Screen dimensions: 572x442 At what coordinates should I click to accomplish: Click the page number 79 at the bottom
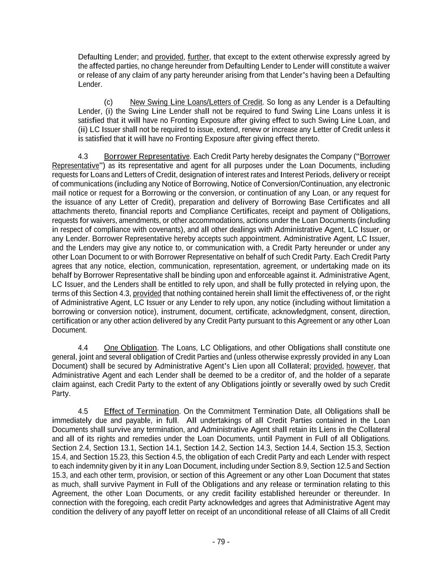click(221, 541)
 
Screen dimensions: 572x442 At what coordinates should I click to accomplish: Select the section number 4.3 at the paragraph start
click(83, 156)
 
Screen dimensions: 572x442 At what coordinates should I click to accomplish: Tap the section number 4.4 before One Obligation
click(83, 347)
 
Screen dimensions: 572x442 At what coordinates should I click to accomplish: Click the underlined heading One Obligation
click(130, 347)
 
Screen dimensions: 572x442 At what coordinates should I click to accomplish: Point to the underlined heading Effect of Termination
click(141, 411)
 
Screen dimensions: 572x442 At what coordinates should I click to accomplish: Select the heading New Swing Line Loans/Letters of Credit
click(196, 102)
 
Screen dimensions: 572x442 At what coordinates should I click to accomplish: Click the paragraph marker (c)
click(108, 102)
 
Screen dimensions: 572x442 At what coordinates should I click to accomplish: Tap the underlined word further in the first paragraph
click(198, 57)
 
